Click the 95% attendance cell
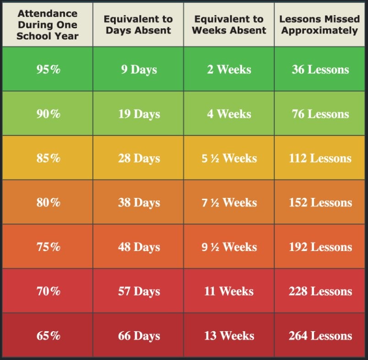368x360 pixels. pyautogui.click(x=48, y=70)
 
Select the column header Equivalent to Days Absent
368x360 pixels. pyautogui.click(x=138, y=25)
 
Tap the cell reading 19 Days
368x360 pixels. pyautogui.click(x=139, y=114)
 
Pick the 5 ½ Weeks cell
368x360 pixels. pyautogui.click(x=229, y=158)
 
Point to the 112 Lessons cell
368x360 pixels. pyautogui.click(x=320, y=158)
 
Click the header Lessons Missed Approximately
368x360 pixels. pyautogui.click(x=319, y=25)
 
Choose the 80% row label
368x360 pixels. pyautogui.click(x=48, y=202)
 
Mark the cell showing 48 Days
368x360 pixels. pyautogui.click(x=139, y=247)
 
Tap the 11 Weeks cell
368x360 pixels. pyautogui.click(x=229, y=291)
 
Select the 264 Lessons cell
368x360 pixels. pyautogui.click(x=320, y=336)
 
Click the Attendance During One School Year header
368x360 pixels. pyautogui.click(x=48, y=25)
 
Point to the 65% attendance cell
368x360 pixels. pyautogui.click(x=48, y=336)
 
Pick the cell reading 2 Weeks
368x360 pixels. pyautogui.click(x=229, y=70)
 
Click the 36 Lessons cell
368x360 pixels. pyautogui.click(x=320, y=70)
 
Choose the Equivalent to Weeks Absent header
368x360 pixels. pyautogui.click(x=229, y=25)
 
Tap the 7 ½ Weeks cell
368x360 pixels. pyautogui.click(x=229, y=202)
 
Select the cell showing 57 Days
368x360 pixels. pyautogui.click(x=139, y=291)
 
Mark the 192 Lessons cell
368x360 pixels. pyautogui.click(x=320, y=247)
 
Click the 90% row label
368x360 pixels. pyautogui.click(x=48, y=114)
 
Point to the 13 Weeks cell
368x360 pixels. pyautogui.click(x=229, y=336)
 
